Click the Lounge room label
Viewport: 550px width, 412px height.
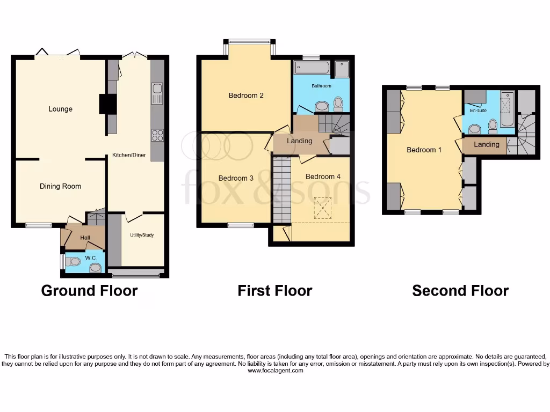click(60, 109)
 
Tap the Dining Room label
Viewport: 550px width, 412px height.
click(60, 186)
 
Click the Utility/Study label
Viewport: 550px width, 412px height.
click(142, 235)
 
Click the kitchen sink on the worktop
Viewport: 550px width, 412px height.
click(157, 93)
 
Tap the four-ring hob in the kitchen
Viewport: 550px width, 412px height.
click(157, 135)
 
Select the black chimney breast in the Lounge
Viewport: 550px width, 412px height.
click(107, 104)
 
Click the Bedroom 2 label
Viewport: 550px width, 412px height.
click(246, 95)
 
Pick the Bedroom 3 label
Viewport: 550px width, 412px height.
click(236, 178)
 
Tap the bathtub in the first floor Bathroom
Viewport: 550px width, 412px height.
click(313, 68)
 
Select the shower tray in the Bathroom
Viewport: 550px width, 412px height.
click(342, 69)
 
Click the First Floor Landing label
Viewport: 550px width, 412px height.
click(299, 141)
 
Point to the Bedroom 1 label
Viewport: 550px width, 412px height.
click(424, 150)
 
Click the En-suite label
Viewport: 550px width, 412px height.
click(477, 111)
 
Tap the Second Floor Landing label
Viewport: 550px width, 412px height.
click(486, 144)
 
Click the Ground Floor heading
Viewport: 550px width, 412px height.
click(89, 291)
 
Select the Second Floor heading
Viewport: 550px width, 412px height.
click(460, 291)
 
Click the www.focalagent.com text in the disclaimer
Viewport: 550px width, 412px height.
click(275, 371)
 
